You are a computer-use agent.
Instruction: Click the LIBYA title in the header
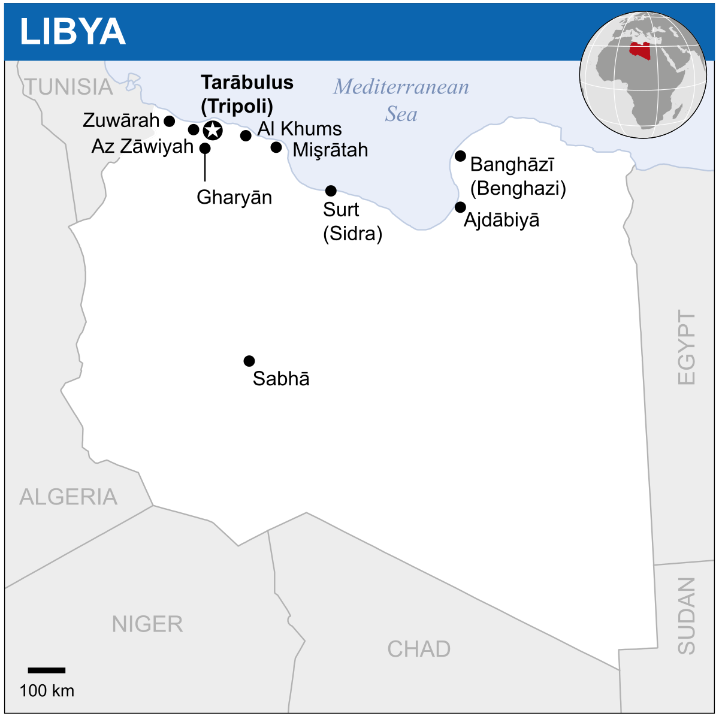72,32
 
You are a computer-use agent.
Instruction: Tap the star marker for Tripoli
213,130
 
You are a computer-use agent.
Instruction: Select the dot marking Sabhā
249,361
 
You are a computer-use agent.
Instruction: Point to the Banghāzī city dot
460,156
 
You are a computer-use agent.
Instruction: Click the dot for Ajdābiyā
460,207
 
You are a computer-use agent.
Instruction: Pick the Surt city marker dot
331,191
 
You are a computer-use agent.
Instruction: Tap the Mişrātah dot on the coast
276,147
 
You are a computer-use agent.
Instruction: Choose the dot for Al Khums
246,135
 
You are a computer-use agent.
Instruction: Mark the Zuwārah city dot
170,121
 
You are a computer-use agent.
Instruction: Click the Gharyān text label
234,197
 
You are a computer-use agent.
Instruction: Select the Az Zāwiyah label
143,146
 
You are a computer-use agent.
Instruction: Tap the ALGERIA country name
68,497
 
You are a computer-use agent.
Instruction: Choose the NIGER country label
147,624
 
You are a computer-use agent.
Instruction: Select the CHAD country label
419,649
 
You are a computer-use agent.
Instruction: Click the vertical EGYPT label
687,347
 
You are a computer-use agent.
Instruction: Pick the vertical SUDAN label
687,615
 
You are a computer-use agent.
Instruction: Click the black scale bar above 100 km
47,670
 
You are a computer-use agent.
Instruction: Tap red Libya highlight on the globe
640,50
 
